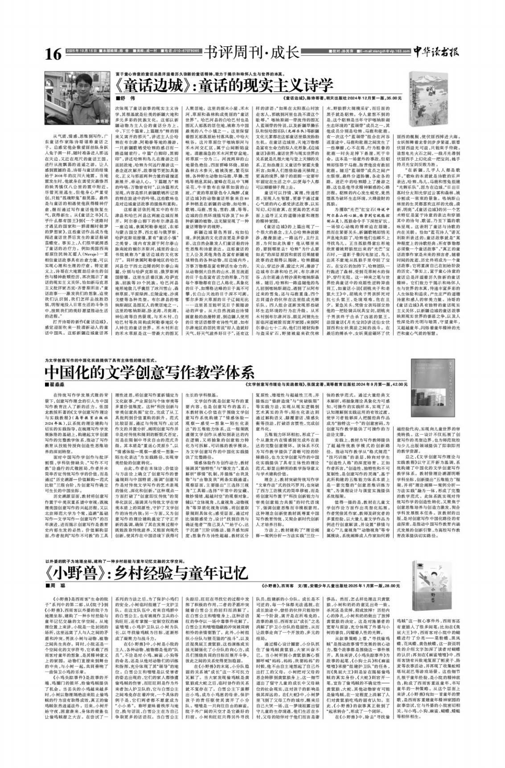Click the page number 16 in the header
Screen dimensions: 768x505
tap(53, 54)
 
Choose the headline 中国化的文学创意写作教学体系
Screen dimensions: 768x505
tap(150, 371)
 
